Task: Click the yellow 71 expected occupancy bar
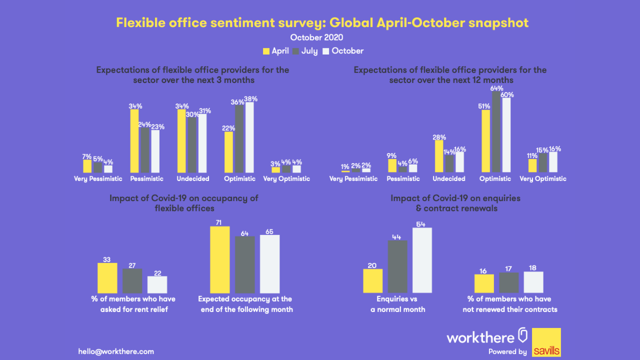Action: tap(219, 259)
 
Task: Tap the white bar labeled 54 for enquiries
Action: tap(422, 260)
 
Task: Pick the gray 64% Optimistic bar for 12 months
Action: tap(496, 132)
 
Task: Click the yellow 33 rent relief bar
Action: tap(107, 278)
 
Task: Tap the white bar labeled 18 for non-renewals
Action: tap(533, 282)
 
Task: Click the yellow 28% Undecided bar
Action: tap(439, 156)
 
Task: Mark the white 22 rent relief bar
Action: tap(157, 284)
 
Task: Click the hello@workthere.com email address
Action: tap(116, 351)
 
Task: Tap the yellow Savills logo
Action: tap(546, 342)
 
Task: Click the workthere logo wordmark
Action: tap(480, 337)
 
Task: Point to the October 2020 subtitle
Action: tap(316, 37)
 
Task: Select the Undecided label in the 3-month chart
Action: tap(193, 179)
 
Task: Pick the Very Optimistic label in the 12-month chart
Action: tap(543, 179)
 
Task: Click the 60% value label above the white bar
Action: tap(507, 94)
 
